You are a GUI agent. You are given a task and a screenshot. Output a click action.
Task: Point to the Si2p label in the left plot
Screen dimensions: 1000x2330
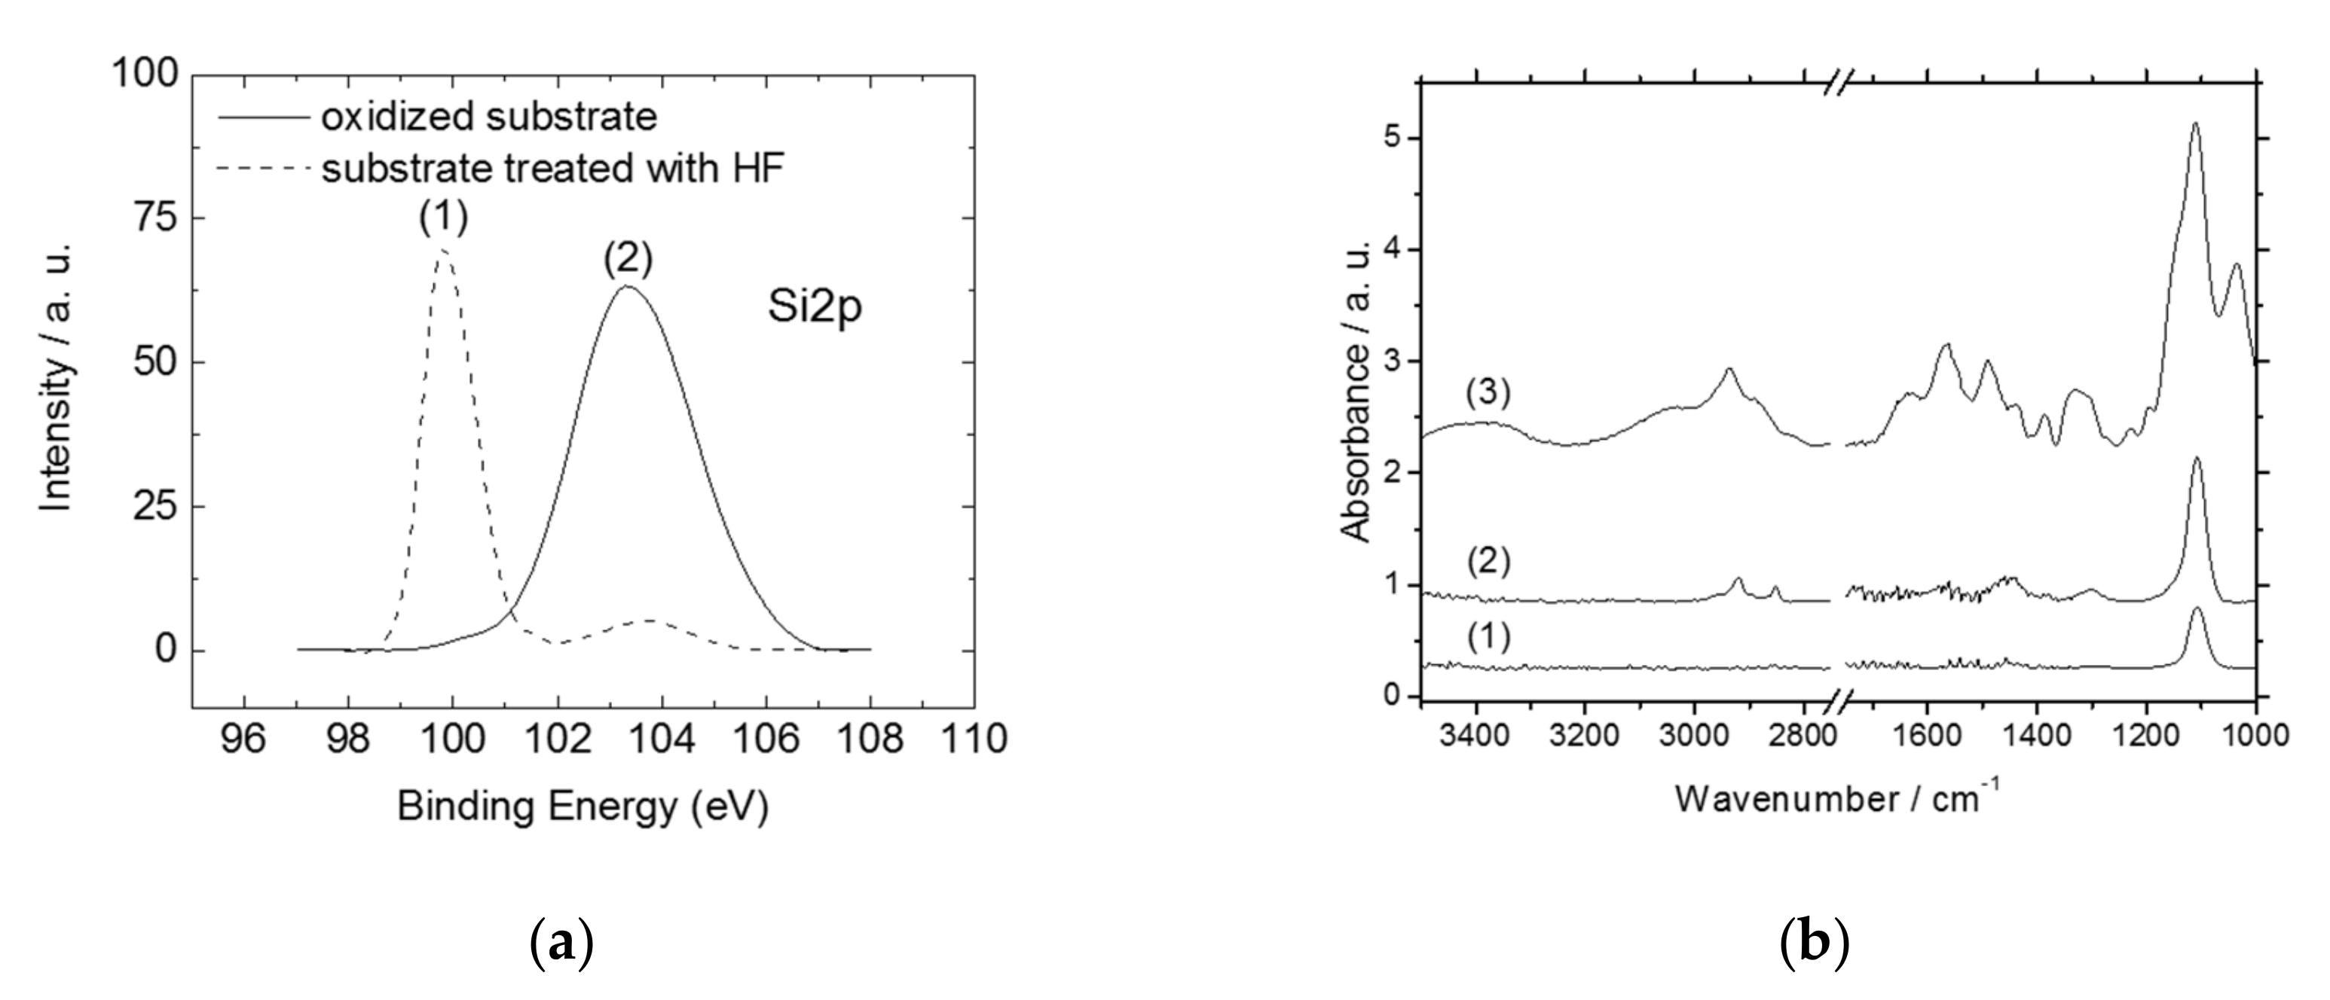point(815,306)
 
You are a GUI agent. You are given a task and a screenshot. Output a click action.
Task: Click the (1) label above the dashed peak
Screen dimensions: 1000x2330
point(443,217)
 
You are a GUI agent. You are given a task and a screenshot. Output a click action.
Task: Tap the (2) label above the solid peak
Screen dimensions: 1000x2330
point(628,261)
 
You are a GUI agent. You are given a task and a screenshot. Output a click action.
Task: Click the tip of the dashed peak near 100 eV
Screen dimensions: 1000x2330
point(443,252)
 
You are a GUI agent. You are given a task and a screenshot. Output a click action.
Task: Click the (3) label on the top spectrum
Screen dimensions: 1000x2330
point(1488,392)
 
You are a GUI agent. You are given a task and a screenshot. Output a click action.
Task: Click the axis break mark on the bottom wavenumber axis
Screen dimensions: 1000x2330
point(1836,698)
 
